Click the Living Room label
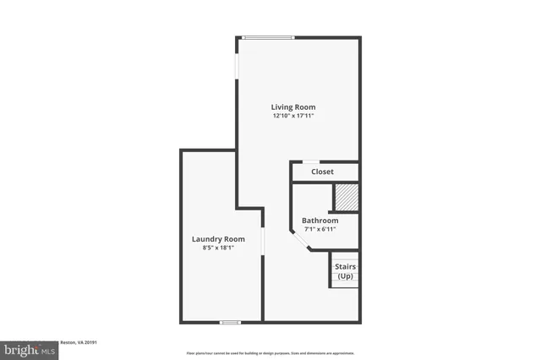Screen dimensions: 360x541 tap(293, 107)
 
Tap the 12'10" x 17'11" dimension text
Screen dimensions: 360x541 tap(293, 117)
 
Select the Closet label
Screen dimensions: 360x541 tap(322, 172)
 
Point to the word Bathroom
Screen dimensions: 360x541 tap(320, 221)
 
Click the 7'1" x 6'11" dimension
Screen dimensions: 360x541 tap(320, 231)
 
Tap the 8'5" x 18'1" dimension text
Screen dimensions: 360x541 tap(218, 248)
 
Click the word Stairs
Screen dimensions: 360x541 tap(346, 267)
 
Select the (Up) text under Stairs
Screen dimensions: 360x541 tap(346, 276)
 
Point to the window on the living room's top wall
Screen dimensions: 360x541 tap(268, 37)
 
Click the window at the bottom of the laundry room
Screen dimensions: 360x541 tap(229, 322)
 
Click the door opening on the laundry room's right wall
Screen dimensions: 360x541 tap(263, 242)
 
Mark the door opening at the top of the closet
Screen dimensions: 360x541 tap(312, 161)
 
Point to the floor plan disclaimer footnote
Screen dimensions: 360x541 tap(270, 353)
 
